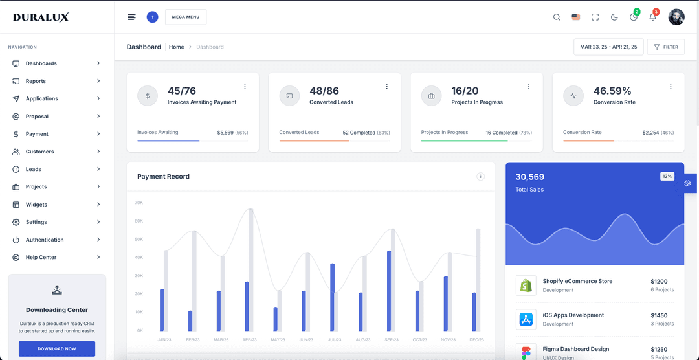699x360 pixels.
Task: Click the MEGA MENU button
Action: pos(186,17)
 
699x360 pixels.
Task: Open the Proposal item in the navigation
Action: pos(37,117)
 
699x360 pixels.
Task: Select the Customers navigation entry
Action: pos(39,152)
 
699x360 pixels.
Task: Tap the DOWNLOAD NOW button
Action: pos(57,349)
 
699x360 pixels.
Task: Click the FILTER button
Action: pos(665,47)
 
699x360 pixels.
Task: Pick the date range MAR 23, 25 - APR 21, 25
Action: pos(608,47)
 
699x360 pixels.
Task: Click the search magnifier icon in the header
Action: pos(557,17)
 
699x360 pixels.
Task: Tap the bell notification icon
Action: pos(652,17)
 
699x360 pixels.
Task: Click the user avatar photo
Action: pos(676,17)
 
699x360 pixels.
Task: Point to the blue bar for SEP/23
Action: pos(389,291)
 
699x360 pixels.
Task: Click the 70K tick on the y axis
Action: pos(139,203)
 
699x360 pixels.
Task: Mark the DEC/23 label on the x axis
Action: pos(476,339)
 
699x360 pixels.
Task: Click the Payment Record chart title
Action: pos(163,176)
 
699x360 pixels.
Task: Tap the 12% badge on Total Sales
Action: pos(667,176)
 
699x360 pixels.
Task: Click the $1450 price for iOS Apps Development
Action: pos(659,315)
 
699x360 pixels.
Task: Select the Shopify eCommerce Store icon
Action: pos(526,285)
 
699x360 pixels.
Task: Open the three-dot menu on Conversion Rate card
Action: pos(671,87)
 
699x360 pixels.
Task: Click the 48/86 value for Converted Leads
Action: pos(324,91)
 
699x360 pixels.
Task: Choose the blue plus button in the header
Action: pos(152,17)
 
